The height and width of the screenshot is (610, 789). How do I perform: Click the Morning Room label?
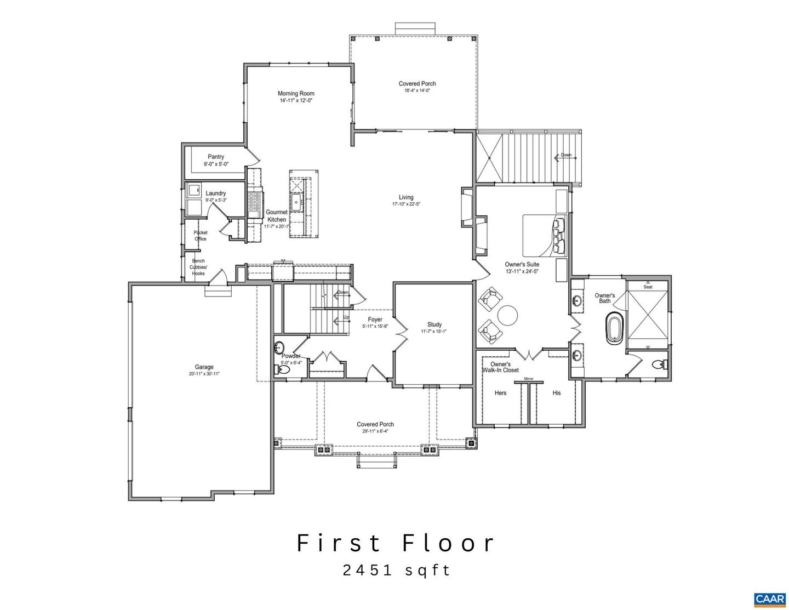(x=296, y=94)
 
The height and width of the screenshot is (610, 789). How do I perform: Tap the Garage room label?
(x=204, y=367)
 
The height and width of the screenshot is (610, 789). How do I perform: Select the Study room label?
(x=434, y=325)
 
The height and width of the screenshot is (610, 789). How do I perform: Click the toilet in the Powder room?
(x=283, y=370)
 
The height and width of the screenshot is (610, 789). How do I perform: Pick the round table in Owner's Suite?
(x=507, y=315)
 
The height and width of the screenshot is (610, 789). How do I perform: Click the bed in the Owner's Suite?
(x=545, y=236)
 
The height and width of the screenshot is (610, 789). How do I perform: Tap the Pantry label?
(x=216, y=157)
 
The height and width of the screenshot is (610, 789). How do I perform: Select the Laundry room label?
(x=216, y=193)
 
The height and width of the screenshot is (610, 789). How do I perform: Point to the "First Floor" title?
(x=396, y=543)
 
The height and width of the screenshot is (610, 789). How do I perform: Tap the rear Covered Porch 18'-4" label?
(x=417, y=84)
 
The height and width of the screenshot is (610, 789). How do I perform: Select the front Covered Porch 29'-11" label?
(x=375, y=424)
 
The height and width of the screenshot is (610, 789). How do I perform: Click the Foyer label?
(x=375, y=320)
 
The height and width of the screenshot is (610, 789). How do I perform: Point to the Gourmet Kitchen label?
(x=277, y=216)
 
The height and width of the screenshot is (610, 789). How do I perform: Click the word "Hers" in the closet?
(x=500, y=393)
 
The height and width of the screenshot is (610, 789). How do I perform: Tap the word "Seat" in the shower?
(x=648, y=287)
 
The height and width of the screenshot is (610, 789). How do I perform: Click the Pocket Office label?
(x=201, y=236)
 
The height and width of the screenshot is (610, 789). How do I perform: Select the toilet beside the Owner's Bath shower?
(x=659, y=365)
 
